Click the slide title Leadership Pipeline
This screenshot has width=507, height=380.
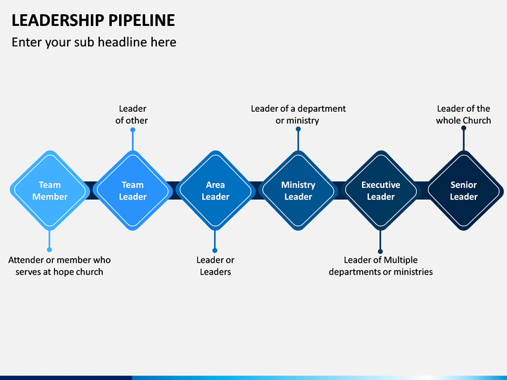click(x=94, y=20)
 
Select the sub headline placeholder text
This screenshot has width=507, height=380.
click(x=94, y=42)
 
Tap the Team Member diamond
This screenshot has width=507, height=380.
click(x=49, y=191)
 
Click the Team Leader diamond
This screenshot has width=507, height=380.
click(x=132, y=191)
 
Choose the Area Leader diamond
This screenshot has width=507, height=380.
click(x=215, y=191)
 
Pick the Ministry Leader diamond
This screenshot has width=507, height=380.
click(x=298, y=191)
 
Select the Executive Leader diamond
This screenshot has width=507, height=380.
click(x=380, y=191)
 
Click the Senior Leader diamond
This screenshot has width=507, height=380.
click(x=463, y=191)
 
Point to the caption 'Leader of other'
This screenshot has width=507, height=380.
click(x=132, y=115)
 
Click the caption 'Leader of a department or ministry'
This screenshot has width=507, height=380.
click(x=298, y=115)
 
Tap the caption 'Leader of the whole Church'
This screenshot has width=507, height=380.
click(x=463, y=115)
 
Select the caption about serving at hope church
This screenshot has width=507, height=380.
click(x=59, y=266)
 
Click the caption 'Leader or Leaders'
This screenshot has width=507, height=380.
click(x=215, y=266)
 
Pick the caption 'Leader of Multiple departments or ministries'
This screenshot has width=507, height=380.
click(x=380, y=266)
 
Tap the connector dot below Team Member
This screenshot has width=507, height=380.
click(x=49, y=250)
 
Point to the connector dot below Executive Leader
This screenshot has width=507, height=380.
click(x=380, y=251)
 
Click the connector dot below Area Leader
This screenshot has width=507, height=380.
click(x=215, y=250)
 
